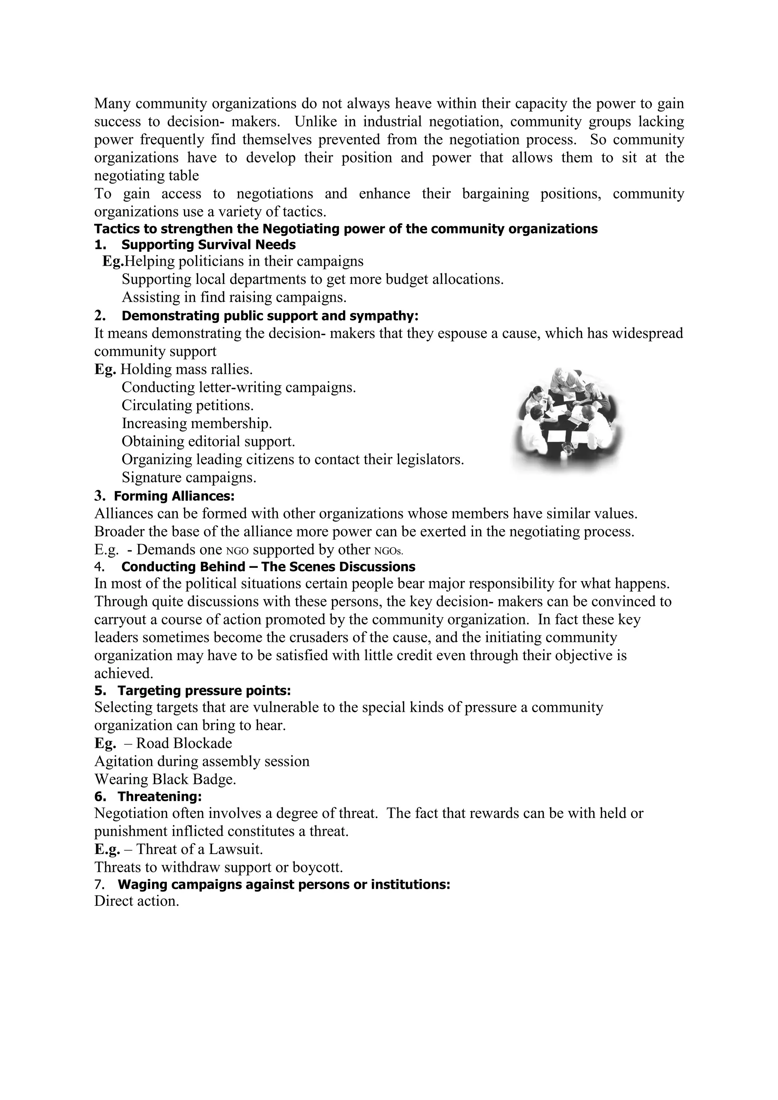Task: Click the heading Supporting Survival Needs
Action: point(208,245)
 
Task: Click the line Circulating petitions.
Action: point(187,405)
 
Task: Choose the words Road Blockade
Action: point(184,743)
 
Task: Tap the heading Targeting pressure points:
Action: point(204,690)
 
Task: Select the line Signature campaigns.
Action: point(189,477)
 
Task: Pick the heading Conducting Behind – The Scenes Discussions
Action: point(268,567)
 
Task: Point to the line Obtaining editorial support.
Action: point(208,441)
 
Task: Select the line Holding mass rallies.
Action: point(187,369)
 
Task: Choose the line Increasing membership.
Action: point(196,424)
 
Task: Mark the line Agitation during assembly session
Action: point(202,761)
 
